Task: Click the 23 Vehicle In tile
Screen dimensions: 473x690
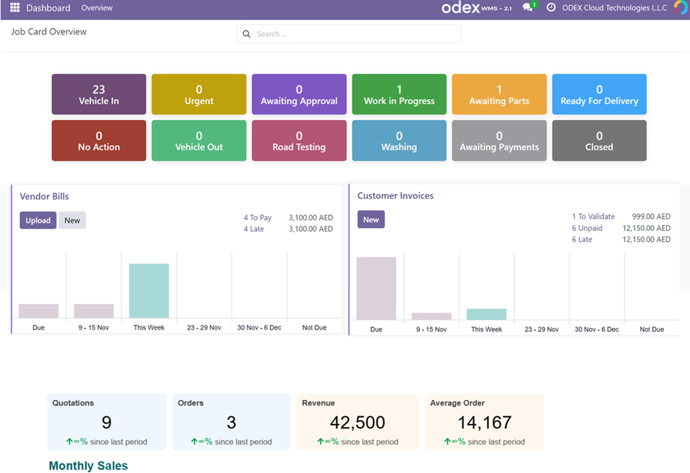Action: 99,94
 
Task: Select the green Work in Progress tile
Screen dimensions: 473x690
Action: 399,94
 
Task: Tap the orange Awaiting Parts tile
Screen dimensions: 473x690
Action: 499,94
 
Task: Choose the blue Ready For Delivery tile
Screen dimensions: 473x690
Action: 599,94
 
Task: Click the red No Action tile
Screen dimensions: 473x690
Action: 99,141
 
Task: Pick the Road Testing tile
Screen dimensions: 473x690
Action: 299,141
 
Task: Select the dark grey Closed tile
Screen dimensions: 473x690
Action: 599,141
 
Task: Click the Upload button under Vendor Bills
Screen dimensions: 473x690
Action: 38,220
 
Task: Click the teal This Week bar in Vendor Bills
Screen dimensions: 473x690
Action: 149,291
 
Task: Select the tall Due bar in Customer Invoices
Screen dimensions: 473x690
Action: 376,289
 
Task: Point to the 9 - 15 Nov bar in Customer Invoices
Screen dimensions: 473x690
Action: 431,316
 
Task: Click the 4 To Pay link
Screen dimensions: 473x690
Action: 257,218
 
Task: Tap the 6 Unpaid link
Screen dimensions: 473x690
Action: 587,228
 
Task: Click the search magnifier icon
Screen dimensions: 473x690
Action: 246,34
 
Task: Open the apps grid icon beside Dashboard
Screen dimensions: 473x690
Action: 15,8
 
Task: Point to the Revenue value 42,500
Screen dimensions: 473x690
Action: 357,422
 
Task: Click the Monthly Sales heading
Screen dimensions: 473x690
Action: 88,465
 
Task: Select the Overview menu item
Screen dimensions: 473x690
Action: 97,8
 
